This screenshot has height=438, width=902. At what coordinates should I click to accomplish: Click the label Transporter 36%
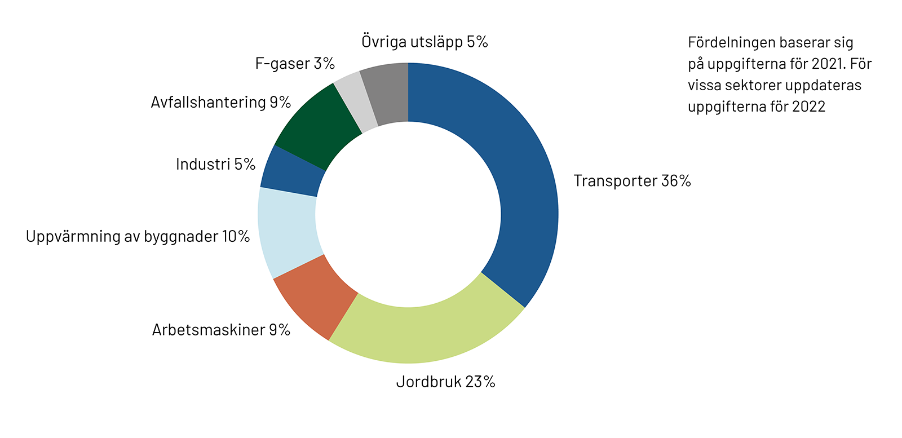(x=632, y=181)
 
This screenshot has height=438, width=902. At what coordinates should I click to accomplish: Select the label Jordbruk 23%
(x=445, y=382)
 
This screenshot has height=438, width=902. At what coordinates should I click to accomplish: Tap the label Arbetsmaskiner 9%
(x=221, y=330)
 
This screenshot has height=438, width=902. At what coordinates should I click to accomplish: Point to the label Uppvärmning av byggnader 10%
(x=138, y=236)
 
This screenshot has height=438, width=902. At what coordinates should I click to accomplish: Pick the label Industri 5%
(x=215, y=164)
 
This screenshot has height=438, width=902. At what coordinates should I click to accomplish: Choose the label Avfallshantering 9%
(x=220, y=102)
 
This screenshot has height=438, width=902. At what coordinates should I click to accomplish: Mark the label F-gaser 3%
(x=295, y=63)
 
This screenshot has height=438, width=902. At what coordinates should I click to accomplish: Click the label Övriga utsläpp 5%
(x=425, y=42)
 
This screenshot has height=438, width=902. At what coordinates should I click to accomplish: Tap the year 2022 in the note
(x=809, y=107)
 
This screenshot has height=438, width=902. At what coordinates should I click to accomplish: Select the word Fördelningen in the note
(x=726, y=43)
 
